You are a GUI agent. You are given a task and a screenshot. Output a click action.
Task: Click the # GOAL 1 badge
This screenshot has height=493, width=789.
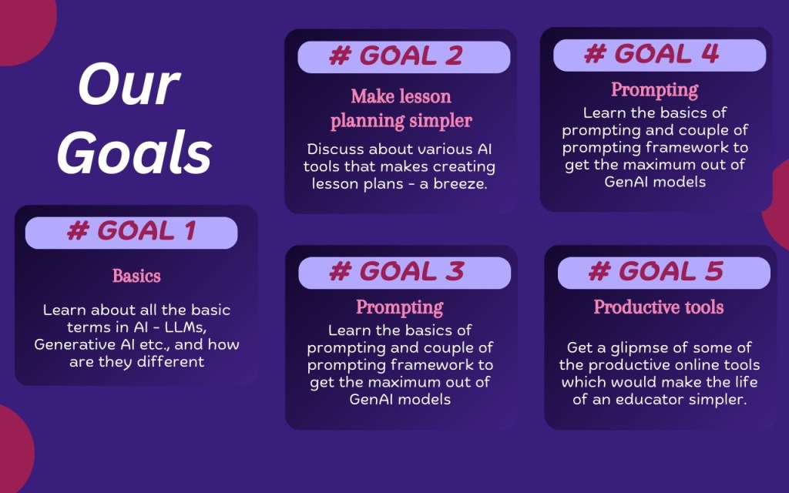131,233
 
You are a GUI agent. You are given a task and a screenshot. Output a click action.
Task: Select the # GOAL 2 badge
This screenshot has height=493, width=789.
404,57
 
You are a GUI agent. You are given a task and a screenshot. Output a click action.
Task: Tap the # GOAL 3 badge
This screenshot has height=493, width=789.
405,273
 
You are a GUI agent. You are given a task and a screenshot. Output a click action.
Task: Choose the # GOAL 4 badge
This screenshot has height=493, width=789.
660,55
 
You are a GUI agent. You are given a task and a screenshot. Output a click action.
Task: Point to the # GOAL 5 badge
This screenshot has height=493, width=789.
663,273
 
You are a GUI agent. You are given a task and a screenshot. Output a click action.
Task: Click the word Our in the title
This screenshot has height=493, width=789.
129,85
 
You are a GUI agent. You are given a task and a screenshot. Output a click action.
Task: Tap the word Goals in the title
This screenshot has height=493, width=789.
134,152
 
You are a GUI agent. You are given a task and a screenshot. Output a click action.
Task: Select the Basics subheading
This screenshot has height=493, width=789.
136,276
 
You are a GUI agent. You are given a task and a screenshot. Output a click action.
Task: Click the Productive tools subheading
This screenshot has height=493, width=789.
659,307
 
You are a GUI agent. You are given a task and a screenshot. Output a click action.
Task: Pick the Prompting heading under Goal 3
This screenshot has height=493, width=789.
400,307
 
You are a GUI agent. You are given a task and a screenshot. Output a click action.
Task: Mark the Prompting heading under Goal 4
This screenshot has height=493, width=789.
655,90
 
